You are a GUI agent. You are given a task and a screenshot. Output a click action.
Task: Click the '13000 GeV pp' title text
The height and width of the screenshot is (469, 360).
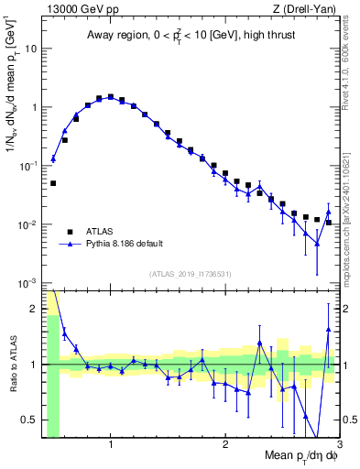(77, 8)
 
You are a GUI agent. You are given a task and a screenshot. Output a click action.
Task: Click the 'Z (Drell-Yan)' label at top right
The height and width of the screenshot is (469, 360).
(302, 8)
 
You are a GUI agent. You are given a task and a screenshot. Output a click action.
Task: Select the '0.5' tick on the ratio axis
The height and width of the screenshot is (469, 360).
(29, 420)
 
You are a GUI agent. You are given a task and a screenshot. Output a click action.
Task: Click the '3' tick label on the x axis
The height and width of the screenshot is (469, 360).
(340, 445)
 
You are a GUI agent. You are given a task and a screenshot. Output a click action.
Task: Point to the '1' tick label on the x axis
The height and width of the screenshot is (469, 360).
(111, 445)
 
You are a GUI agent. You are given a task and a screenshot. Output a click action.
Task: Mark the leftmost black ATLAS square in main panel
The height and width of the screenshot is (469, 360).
(53, 183)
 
